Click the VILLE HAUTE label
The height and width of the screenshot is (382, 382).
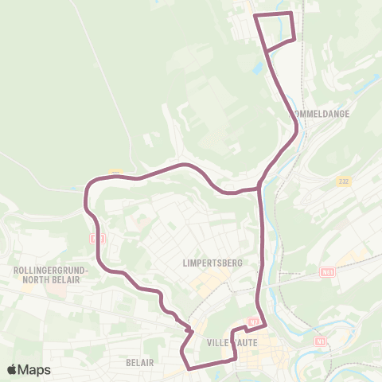tap(228, 342)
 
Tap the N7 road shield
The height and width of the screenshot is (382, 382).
tap(253, 322)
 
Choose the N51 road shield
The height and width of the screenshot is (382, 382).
tap(327, 272)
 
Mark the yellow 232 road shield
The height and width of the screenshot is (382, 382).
tap(343, 181)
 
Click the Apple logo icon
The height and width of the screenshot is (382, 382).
tap(14, 370)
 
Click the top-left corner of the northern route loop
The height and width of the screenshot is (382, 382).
tap(254, 15)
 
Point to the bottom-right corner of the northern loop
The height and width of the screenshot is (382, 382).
tap(295, 38)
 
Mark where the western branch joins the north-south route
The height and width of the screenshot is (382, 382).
tap(260, 188)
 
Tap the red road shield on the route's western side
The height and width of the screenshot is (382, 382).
tap(98, 237)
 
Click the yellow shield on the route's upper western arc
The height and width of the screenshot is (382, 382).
tap(116, 173)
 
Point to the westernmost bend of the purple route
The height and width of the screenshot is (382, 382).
tap(85, 195)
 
